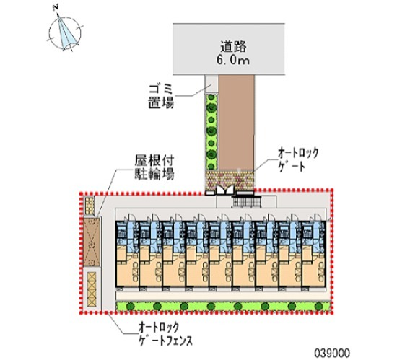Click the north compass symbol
tap(65, 32)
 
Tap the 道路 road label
tap(233, 47)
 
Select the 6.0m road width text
tap(232, 61)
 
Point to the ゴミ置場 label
tap(161, 96)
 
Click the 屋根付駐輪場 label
tap(154, 167)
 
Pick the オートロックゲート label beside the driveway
tap(298, 160)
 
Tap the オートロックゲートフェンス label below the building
tap(165, 334)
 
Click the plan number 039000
tap(332, 353)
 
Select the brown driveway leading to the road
tap(236, 122)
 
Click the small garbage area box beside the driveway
tap(211, 84)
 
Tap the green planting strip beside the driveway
tap(211, 131)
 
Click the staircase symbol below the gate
tap(247, 202)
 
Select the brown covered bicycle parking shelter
tap(92, 242)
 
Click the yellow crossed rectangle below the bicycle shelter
tap(92, 289)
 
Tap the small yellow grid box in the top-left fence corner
tap(89, 205)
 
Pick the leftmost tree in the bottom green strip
tap(130, 306)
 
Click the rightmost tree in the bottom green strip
tap(318, 306)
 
